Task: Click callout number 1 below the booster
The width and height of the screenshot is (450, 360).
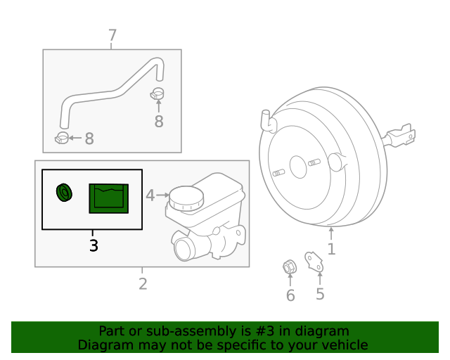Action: click(x=331, y=248)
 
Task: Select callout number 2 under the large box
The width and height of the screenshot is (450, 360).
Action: click(x=143, y=284)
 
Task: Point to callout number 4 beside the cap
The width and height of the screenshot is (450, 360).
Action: click(x=150, y=195)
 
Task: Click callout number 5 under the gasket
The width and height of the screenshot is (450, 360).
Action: click(x=320, y=293)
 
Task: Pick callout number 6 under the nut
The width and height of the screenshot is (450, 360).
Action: click(x=290, y=295)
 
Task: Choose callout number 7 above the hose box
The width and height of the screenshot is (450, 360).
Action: click(x=112, y=34)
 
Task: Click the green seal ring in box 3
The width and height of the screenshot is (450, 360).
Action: click(x=64, y=191)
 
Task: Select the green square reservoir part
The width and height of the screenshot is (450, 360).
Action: click(x=108, y=198)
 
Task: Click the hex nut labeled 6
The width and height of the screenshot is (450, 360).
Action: click(x=288, y=266)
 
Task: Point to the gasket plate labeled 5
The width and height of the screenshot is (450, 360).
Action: click(x=313, y=261)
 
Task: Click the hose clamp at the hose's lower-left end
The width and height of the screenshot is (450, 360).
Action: click(x=62, y=136)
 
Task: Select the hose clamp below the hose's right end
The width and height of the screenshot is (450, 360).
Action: click(x=158, y=94)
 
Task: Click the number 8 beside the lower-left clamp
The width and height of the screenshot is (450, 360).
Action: click(x=89, y=139)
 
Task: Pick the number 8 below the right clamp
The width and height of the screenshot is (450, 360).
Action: click(x=159, y=122)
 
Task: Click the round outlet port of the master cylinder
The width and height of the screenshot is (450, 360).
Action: click(x=184, y=249)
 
